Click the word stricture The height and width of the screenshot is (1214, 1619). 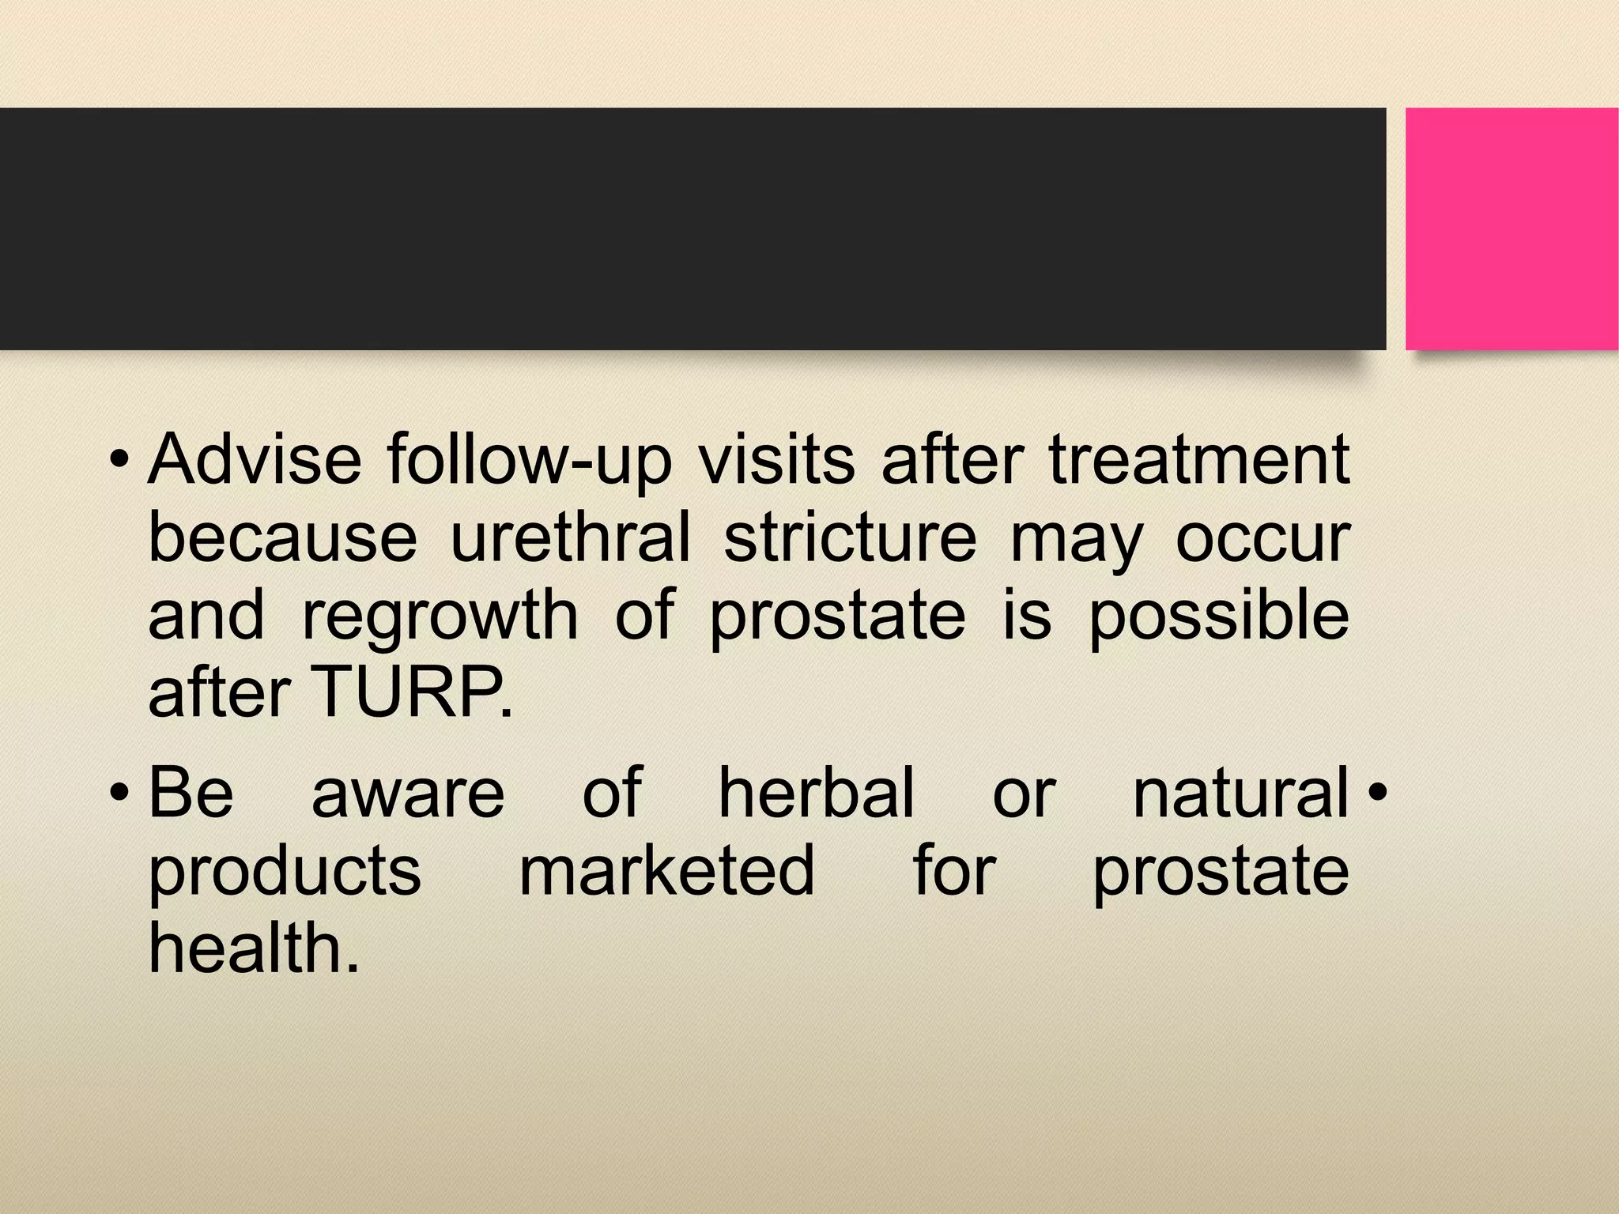pos(850,537)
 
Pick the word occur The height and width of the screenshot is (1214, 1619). pos(1262,539)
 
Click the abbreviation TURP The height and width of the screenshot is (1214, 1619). pos(411,692)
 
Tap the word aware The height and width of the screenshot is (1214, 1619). pos(408,794)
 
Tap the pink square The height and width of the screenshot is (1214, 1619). pos(1511,228)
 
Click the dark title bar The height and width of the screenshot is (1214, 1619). pos(693,228)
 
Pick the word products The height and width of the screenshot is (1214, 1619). pos(285,871)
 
